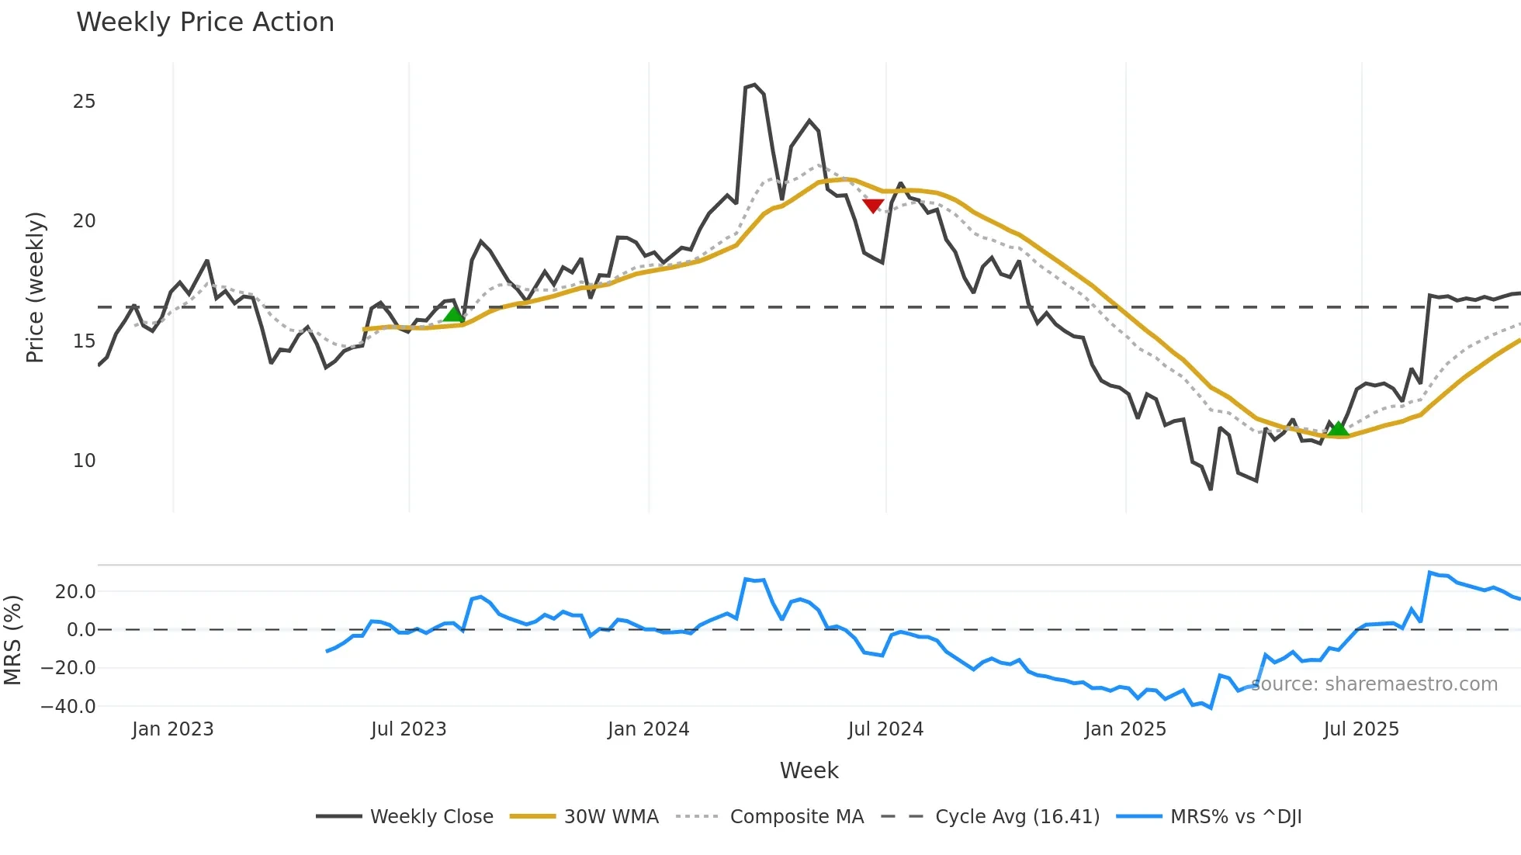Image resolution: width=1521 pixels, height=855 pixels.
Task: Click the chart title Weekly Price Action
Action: (205, 22)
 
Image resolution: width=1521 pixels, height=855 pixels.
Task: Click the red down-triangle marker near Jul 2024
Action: (873, 206)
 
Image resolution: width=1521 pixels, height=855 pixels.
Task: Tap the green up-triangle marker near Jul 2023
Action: (454, 313)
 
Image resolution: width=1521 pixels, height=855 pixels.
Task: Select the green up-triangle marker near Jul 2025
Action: (1339, 428)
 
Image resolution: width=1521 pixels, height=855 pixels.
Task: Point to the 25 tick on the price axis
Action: (84, 102)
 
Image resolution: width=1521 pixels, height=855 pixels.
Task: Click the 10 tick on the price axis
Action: (84, 461)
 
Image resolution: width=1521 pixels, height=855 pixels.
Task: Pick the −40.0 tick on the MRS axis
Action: (68, 707)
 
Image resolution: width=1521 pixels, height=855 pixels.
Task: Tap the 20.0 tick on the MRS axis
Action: (74, 592)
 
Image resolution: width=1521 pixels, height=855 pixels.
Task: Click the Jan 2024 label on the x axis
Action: (648, 729)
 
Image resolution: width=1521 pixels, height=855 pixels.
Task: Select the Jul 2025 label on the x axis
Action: (1361, 729)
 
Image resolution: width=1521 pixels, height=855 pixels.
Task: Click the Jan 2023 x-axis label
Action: (172, 729)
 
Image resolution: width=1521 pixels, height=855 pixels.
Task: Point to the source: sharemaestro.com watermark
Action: (1374, 684)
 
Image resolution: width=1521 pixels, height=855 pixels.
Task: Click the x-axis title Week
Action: (809, 770)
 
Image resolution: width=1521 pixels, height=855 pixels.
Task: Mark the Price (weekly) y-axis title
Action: (35, 287)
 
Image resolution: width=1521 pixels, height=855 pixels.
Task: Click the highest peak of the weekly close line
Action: (754, 85)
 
